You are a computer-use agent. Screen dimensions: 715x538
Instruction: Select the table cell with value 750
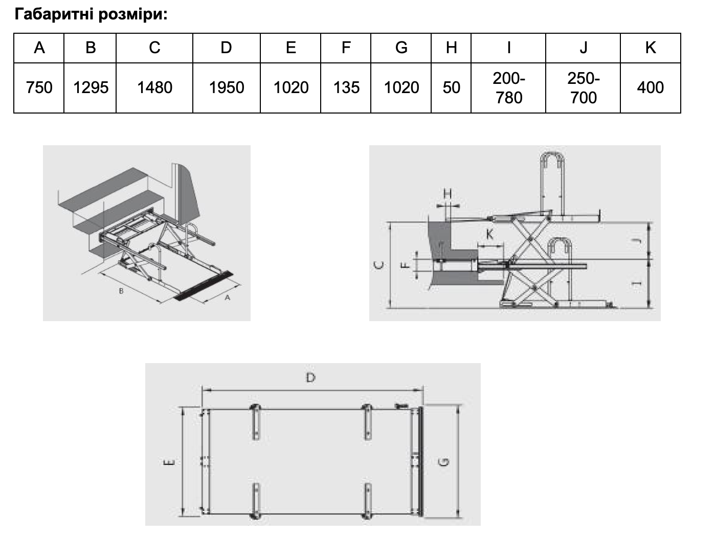coord(39,87)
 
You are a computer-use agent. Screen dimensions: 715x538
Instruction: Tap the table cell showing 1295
coord(91,87)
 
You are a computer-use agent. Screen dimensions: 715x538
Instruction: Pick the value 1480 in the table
coord(155,87)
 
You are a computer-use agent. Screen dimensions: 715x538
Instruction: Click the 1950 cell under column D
coord(227,87)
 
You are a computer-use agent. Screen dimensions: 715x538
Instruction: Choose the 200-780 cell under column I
coord(508,88)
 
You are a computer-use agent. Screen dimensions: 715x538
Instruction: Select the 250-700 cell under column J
coord(583,88)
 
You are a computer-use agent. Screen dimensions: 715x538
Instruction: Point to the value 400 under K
coord(650,87)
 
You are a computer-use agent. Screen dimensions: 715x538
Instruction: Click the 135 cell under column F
coord(346,87)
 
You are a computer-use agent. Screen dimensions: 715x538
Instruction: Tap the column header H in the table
coord(451,48)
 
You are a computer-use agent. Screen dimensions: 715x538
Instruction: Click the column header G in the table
coord(401,48)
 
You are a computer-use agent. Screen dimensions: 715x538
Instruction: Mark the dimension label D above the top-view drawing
coord(310,378)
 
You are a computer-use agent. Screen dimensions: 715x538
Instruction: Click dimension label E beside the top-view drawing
coord(169,462)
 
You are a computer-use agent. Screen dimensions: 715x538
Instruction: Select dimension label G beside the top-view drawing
coord(444,462)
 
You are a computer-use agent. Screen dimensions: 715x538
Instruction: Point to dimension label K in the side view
coord(489,234)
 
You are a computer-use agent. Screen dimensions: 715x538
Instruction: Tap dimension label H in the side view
coord(448,194)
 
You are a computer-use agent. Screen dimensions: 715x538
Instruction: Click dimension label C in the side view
coord(378,266)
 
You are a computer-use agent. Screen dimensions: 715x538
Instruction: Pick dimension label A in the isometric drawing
coord(228,298)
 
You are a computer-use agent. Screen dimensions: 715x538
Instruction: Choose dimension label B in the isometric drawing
coord(121,291)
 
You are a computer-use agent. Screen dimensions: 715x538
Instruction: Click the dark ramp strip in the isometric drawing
coord(204,285)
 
